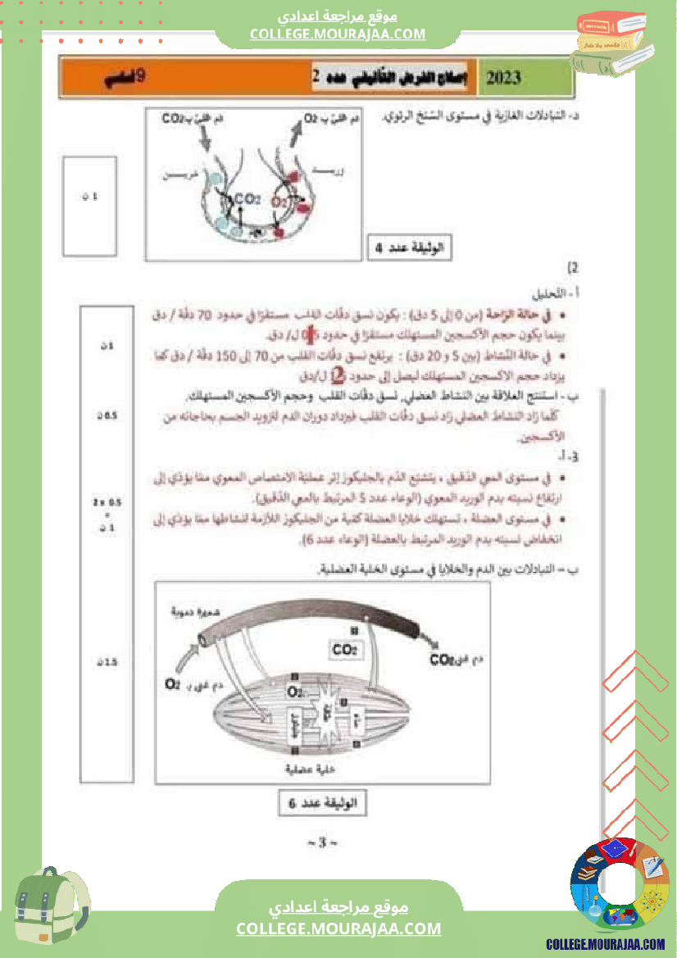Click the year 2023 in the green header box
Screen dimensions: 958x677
click(502, 79)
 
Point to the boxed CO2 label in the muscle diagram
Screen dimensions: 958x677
click(344, 650)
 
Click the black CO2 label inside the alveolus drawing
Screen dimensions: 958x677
click(247, 198)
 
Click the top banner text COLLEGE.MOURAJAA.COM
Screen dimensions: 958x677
click(338, 34)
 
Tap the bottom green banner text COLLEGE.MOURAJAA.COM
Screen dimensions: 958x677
click(338, 928)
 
